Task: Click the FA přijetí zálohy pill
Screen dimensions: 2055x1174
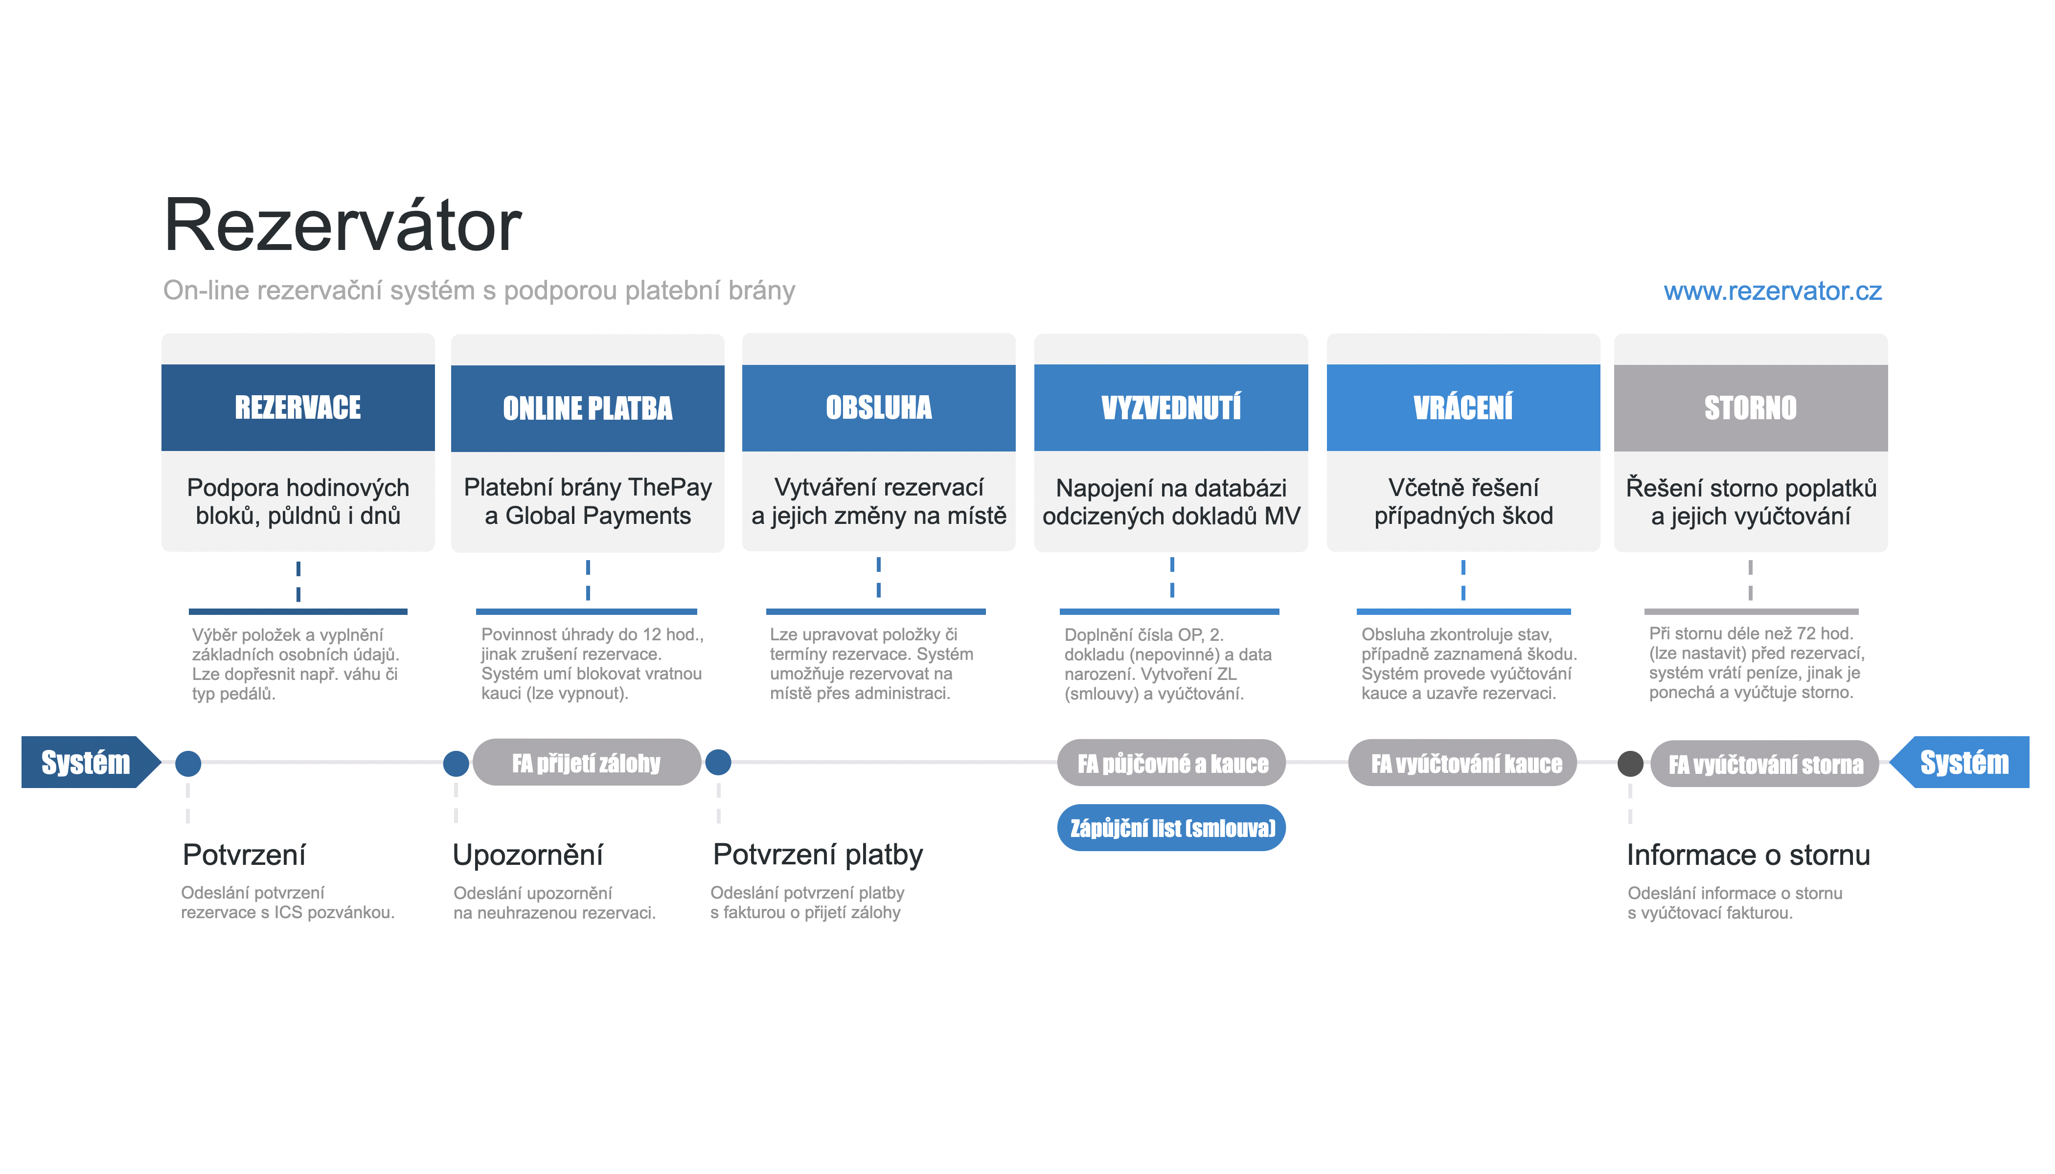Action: (586, 762)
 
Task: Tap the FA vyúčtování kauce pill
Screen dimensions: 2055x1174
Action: (1462, 763)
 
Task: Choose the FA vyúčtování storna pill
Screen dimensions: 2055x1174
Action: (1765, 764)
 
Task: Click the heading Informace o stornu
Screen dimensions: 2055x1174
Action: (1748, 855)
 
